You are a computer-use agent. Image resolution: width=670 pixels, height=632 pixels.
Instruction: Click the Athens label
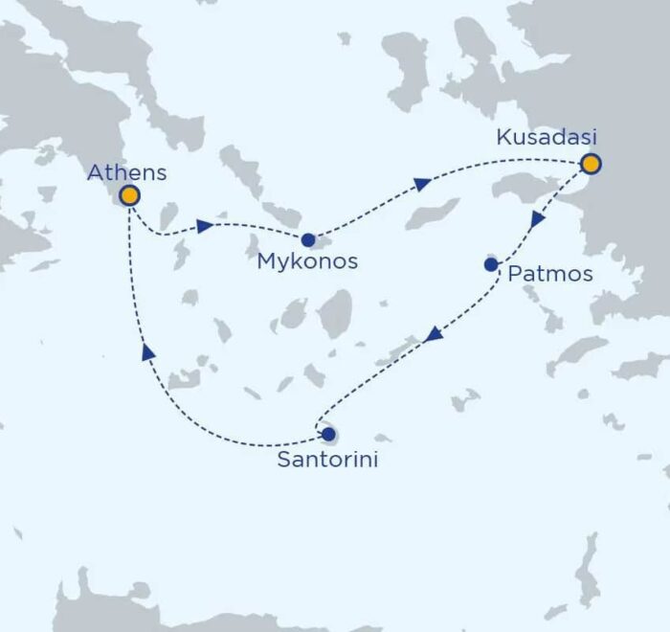coord(126,173)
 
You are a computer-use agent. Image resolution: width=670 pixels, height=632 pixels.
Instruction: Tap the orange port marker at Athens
coord(127,196)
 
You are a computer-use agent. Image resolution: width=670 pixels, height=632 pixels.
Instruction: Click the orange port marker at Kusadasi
coord(591,165)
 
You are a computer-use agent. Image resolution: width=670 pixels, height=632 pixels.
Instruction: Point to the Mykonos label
coord(308,260)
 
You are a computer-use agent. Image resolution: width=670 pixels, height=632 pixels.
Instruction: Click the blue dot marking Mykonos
coord(308,239)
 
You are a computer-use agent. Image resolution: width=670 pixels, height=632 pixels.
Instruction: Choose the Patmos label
coord(550,275)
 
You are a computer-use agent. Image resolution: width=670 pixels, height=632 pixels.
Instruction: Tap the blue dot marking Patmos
coord(491,264)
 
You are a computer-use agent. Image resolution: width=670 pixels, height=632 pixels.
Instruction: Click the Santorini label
coord(327,460)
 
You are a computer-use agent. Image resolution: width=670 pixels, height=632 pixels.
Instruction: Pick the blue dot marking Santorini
coord(329,435)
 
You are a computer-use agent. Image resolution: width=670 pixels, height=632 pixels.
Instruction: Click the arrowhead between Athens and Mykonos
coord(204,227)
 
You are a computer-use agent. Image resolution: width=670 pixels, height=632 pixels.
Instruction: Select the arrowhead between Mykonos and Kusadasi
coord(421,183)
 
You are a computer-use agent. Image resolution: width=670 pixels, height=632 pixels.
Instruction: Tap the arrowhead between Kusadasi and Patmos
coord(538,219)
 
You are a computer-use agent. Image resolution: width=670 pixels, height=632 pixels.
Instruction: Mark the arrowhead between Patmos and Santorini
coord(434,333)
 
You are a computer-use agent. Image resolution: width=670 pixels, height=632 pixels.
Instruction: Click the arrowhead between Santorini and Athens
coord(148,351)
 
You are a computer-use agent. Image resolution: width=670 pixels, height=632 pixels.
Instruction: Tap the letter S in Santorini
coord(283,460)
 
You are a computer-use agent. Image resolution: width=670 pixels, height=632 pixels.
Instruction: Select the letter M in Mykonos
coord(268,260)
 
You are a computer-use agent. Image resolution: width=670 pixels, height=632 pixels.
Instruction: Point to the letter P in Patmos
coord(515,275)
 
